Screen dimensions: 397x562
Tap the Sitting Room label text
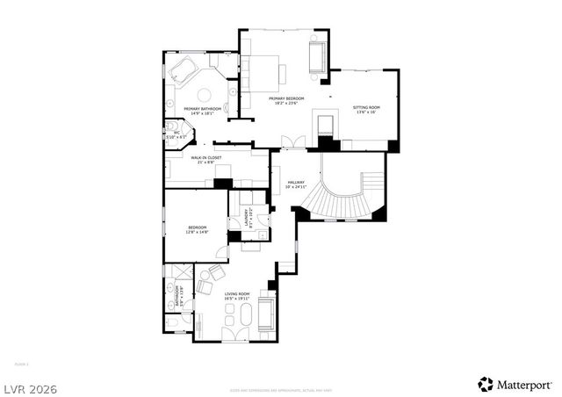coord(364,108)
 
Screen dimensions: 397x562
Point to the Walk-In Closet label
coord(206,157)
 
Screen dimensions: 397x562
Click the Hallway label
coord(296,182)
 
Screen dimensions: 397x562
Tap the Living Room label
coord(237,293)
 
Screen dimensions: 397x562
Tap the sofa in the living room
coord(267,313)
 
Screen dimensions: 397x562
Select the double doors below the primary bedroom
coord(292,143)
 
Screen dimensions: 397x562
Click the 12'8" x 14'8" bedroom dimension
coord(197,233)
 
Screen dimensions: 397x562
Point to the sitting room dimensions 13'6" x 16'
coord(364,113)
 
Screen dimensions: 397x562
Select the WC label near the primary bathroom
coord(177,133)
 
